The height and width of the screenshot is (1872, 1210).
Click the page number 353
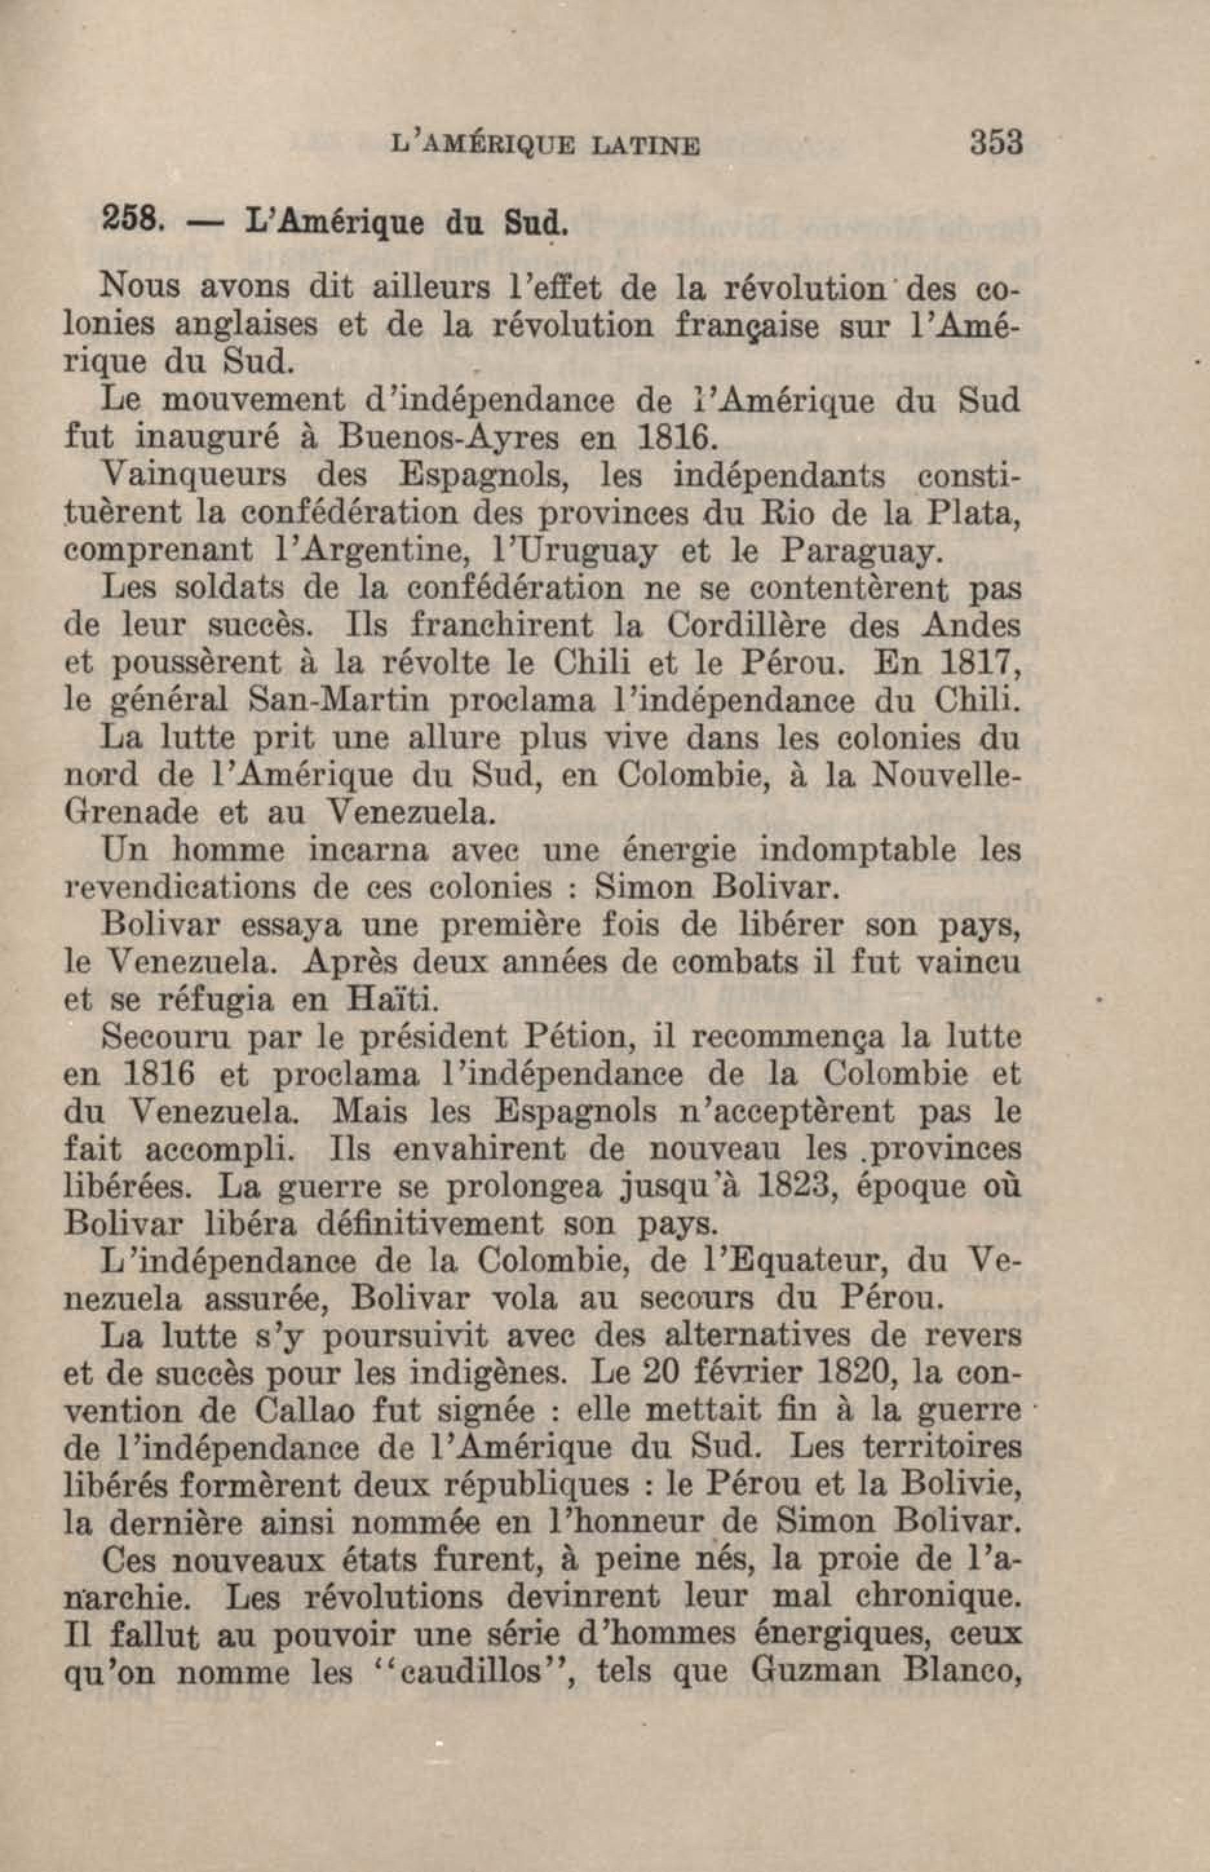[996, 144]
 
